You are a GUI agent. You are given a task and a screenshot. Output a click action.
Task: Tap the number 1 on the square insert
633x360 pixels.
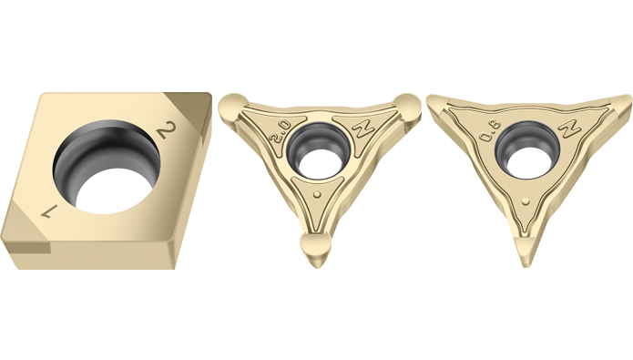[50, 211]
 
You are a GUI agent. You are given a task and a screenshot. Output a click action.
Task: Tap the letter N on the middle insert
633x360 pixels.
[362, 127]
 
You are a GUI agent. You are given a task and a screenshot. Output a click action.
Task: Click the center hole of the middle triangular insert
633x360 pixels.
[317, 150]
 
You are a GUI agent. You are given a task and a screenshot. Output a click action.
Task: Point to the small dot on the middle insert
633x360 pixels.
[318, 195]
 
